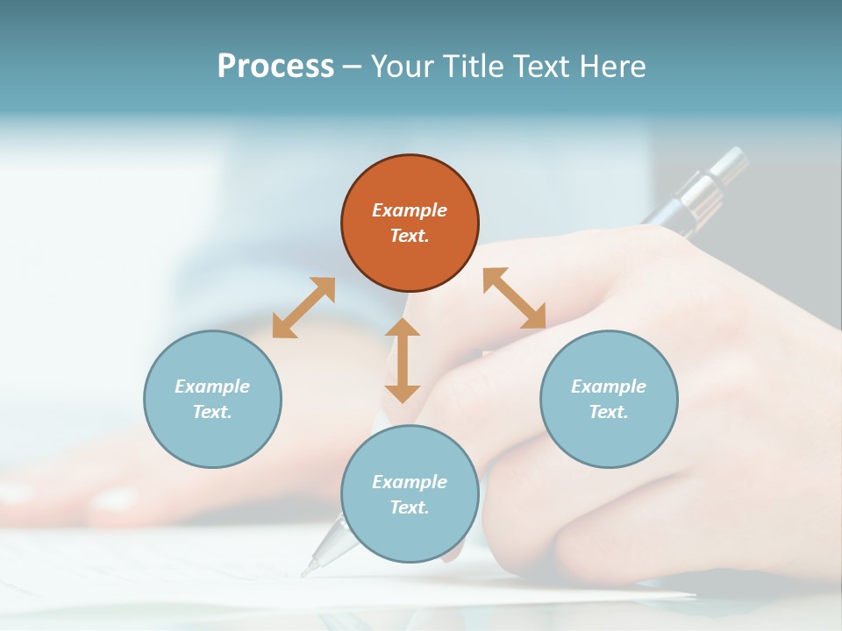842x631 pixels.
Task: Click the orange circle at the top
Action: (x=410, y=223)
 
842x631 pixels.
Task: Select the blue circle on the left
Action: (x=212, y=399)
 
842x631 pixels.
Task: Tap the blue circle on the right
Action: (x=609, y=399)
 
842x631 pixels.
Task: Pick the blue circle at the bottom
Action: (x=410, y=494)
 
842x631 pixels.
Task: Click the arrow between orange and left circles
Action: (x=303, y=308)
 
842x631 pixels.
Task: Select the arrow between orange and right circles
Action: (x=514, y=299)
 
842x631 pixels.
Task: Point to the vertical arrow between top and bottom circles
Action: (x=403, y=360)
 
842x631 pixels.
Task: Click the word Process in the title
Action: (x=275, y=66)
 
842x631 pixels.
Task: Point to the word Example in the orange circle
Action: (x=410, y=210)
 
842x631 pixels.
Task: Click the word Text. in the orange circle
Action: (x=410, y=236)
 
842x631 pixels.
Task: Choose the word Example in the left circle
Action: (x=212, y=386)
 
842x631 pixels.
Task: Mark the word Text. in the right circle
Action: (x=609, y=412)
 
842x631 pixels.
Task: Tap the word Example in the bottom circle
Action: (x=410, y=482)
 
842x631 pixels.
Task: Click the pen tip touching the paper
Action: (x=308, y=571)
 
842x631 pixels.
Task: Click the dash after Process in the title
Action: (x=352, y=67)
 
